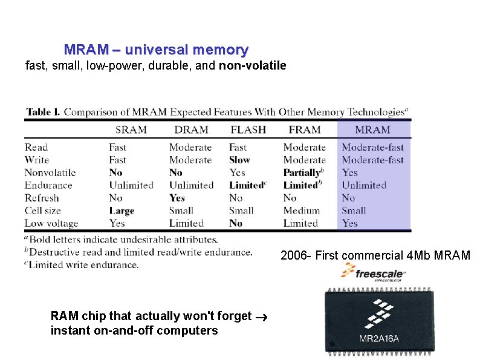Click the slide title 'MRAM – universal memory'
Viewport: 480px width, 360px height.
[156, 50]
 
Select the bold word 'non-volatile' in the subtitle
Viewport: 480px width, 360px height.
[253, 65]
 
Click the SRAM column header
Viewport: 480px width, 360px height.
[131, 129]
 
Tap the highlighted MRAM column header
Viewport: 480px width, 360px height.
[372, 129]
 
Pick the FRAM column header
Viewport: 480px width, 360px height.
[304, 129]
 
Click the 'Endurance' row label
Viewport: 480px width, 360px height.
[48, 185]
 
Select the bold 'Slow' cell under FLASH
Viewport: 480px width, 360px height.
[239, 160]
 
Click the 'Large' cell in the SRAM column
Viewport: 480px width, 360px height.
[122, 211]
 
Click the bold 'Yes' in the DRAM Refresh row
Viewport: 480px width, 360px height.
[177, 198]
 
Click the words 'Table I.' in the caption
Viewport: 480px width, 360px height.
[43, 112]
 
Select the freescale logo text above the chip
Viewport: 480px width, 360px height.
[380, 274]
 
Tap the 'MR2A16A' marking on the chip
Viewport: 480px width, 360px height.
[379, 338]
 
